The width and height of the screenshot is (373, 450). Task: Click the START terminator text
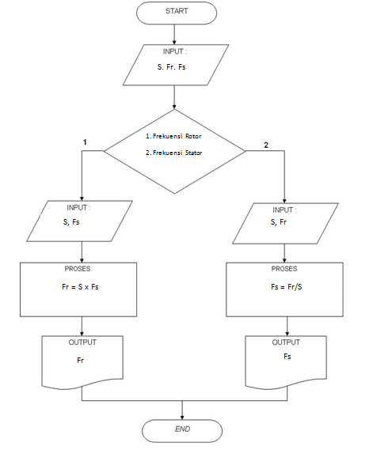(x=177, y=11)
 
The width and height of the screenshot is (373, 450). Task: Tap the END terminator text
(x=182, y=429)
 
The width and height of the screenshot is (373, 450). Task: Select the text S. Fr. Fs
(x=172, y=67)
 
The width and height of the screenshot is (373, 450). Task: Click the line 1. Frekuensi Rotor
(x=173, y=136)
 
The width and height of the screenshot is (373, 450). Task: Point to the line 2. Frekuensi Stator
(x=174, y=153)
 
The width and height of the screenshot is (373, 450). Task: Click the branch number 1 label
(x=85, y=142)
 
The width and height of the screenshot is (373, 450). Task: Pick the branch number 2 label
(x=266, y=146)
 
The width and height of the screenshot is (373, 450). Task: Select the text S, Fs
(x=71, y=222)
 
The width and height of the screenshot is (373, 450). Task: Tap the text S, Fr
(x=279, y=222)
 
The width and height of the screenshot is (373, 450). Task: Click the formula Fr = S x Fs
(x=80, y=287)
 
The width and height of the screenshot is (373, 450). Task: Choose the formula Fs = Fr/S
(x=287, y=287)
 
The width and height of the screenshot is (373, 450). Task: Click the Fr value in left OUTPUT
(x=81, y=360)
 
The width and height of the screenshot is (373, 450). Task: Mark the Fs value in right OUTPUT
(x=287, y=356)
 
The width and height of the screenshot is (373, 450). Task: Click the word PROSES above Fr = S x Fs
(x=78, y=269)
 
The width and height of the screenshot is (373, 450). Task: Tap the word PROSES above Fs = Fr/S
(x=284, y=269)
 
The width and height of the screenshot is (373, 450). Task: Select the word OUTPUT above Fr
(x=82, y=342)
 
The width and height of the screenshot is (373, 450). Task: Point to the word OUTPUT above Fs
(x=286, y=342)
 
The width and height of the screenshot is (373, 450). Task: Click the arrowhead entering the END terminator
(x=182, y=418)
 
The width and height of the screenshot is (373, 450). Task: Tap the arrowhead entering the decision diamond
(x=174, y=107)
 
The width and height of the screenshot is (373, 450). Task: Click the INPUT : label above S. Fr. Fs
(x=175, y=51)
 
